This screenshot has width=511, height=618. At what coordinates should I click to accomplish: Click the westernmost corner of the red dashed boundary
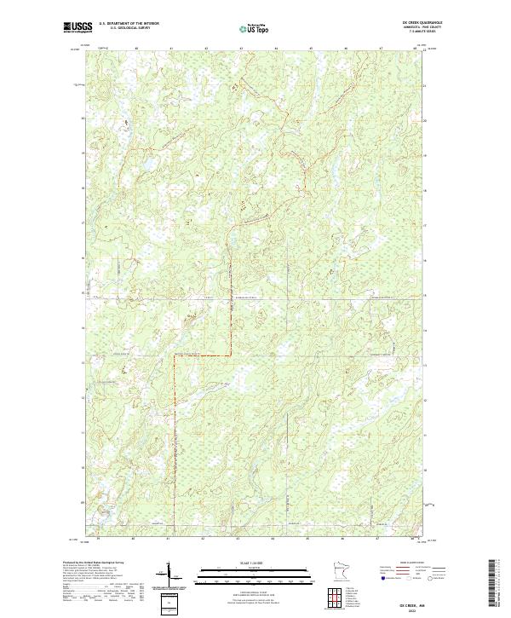tap(174, 355)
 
